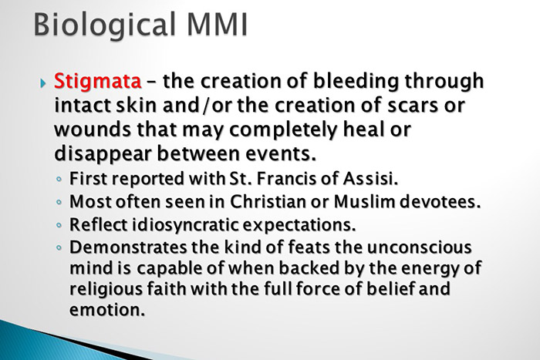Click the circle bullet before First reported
60,180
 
